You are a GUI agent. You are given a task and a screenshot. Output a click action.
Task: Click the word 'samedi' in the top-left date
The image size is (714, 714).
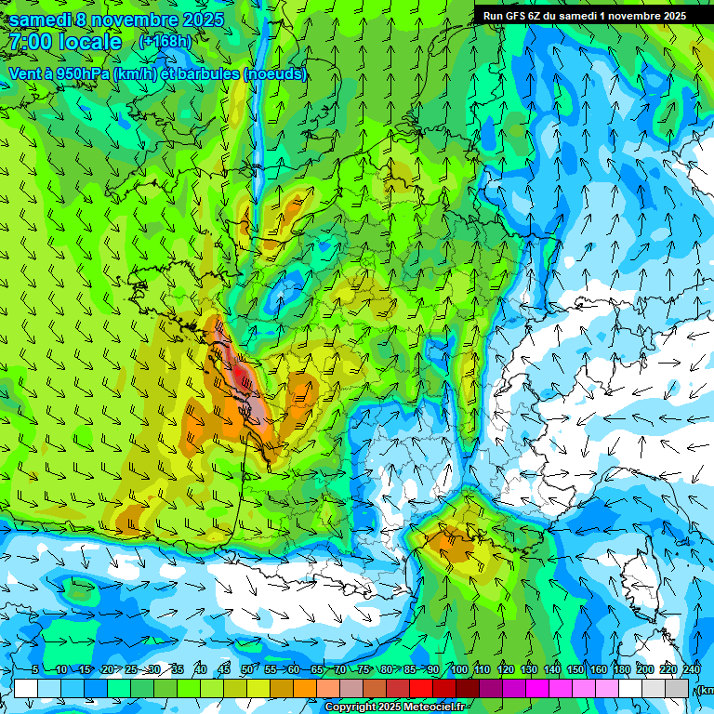[42, 19]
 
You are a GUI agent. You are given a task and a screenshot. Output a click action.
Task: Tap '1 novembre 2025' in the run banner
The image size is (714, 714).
[642, 15]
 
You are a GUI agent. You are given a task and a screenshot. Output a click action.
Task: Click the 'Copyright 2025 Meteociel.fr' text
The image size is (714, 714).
[396, 707]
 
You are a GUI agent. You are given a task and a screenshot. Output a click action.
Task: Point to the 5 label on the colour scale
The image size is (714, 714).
[35, 670]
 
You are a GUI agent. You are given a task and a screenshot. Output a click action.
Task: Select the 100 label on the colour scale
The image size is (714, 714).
[458, 670]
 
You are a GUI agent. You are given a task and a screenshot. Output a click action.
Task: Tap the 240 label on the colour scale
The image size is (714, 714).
[692, 670]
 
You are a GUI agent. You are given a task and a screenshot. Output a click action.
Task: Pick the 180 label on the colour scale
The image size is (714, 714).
[622, 670]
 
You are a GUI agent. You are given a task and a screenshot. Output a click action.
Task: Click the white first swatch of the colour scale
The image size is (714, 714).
[26, 688]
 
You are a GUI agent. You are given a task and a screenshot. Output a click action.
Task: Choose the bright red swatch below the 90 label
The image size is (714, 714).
[422, 688]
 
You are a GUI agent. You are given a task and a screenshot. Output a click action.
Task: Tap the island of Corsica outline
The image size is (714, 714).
[641, 575]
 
